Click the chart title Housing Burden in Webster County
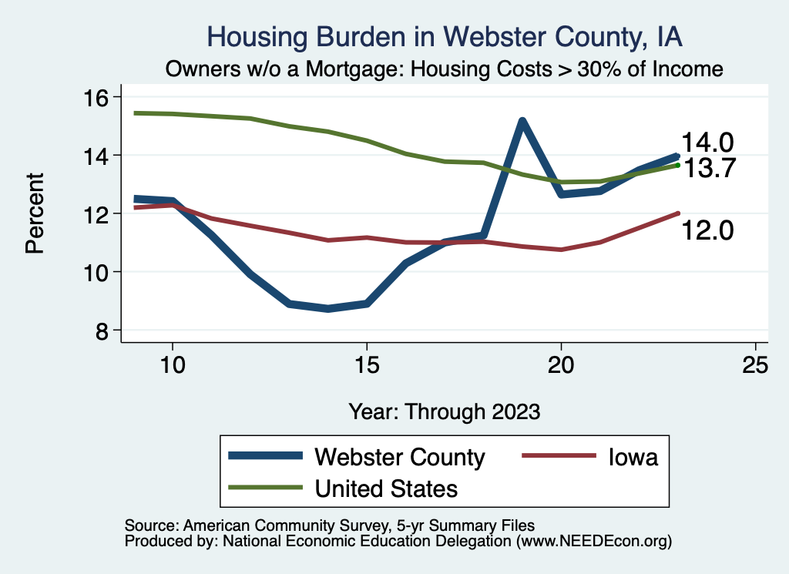pyautogui.click(x=445, y=37)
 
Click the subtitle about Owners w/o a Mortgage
pyautogui.click(x=445, y=69)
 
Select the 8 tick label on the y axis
pyautogui.click(x=101, y=331)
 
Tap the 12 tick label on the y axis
pyautogui.click(x=101, y=213)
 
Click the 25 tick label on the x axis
pyautogui.click(x=756, y=364)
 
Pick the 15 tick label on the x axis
pyautogui.click(x=367, y=364)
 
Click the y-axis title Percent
pyautogui.click(x=35, y=213)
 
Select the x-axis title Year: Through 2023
pyautogui.click(x=445, y=411)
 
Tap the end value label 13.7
pyautogui.click(x=710, y=167)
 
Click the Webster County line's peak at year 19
pyautogui.click(x=522, y=122)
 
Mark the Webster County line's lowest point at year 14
pyautogui.click(x=328, y=308)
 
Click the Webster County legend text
pyautogui.click(x=400, y=457)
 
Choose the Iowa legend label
pyautogui.click(x=631, y=457)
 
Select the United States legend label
pyautogui.click(x=386, y=488)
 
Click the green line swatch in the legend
pyautogui.click(x=264, y=488)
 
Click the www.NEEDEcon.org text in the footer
pyautogui.click(x=593, y=541)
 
